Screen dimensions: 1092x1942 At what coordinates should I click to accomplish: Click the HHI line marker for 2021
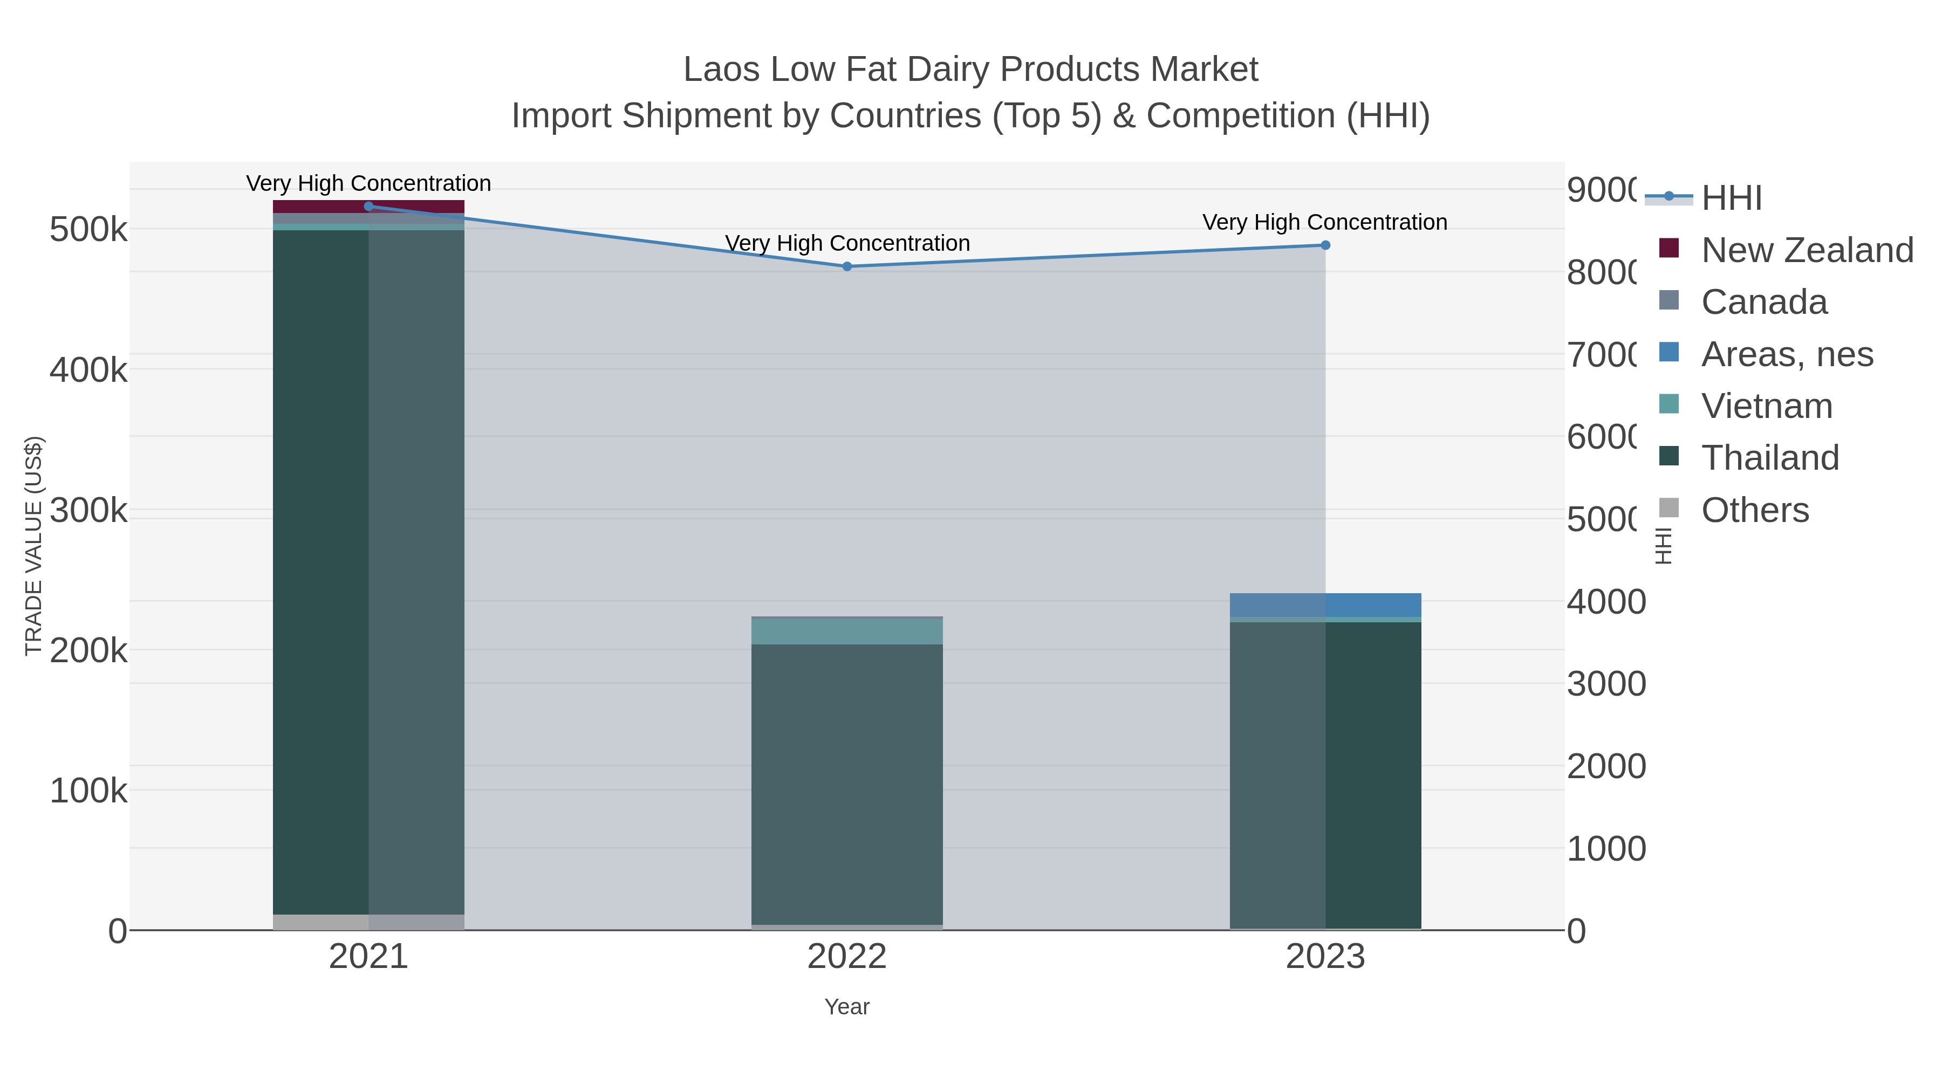click(x=368, y=207)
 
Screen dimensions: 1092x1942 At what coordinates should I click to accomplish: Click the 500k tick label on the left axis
click(x=88, y=230)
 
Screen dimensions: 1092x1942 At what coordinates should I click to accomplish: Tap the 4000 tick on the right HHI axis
click(x=1606, y=602)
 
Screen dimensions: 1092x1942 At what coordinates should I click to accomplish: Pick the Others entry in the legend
click(x=1754, y=510)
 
